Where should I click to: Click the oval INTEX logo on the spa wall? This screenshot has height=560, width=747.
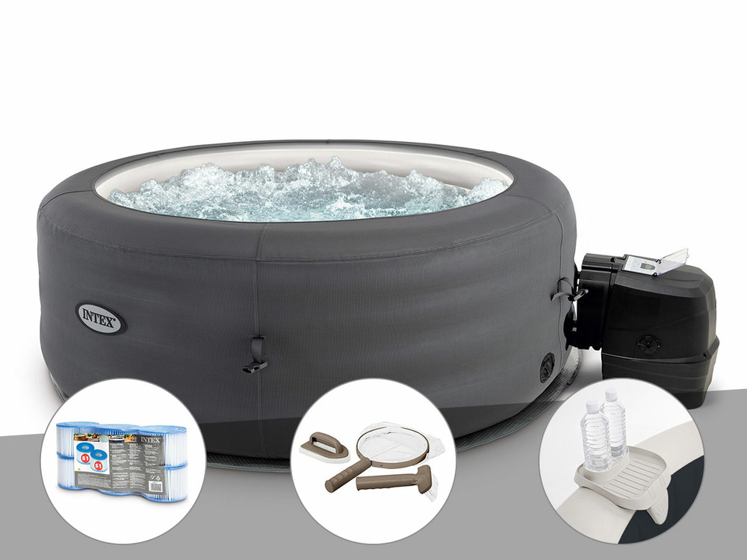point(100,317)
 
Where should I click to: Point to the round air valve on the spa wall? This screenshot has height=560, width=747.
point(547,366)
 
